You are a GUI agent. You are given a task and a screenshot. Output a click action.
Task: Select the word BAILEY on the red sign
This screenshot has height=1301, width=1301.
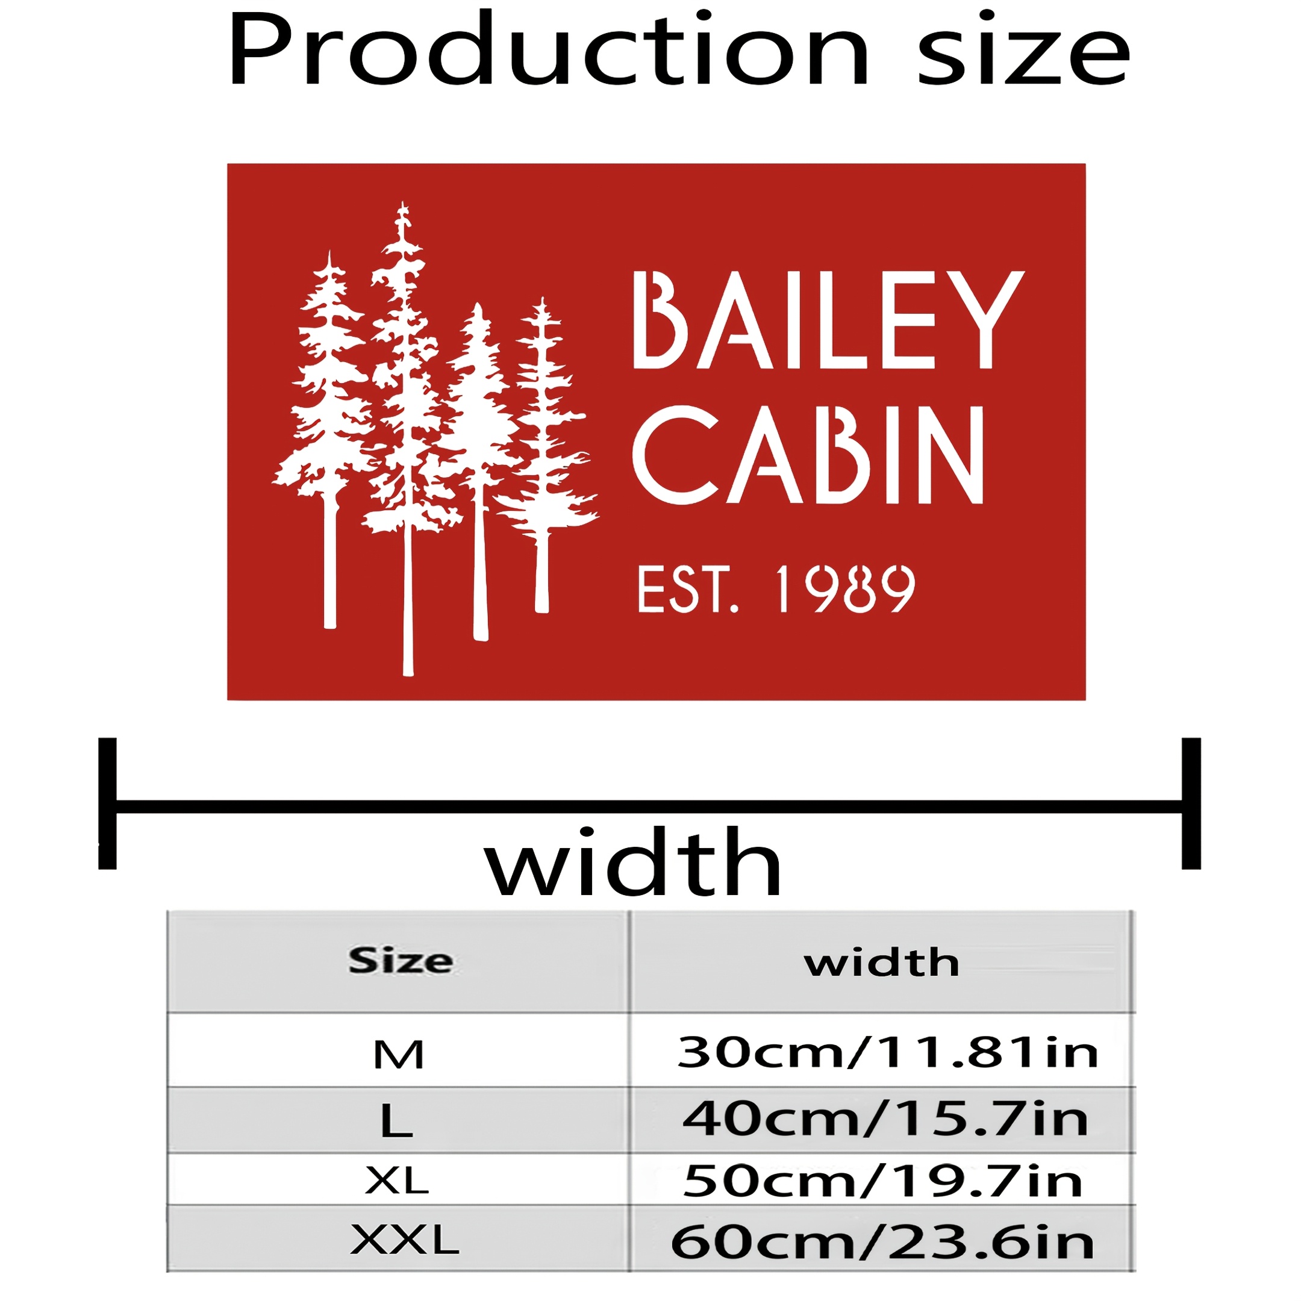tap(829, 320)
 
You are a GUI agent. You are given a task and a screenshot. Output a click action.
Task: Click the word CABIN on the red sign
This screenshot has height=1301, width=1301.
tap(808, 455)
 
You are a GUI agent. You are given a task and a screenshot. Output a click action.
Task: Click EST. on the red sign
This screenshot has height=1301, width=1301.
tap(688, 590)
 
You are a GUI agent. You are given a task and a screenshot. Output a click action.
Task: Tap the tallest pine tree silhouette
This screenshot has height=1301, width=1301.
tap(404, 438)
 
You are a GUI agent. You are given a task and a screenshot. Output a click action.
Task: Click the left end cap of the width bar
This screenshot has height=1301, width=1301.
tap(107, 803)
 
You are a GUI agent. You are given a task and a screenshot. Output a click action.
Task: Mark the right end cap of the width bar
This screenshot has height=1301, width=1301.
tap(1191, 803)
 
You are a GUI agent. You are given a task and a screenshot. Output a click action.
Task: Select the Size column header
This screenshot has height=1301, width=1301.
tap(401, 960)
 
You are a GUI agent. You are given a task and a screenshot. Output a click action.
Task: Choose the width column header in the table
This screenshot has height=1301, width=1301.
tap(881, 962)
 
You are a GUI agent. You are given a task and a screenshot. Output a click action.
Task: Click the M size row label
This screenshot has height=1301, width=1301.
tap(399, 1055)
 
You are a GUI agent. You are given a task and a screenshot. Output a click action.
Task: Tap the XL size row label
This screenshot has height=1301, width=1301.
tap(397, 1181)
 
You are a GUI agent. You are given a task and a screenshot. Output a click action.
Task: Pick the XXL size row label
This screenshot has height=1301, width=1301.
tap(405, 1240)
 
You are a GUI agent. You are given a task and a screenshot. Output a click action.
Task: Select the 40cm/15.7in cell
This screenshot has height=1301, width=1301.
tap(885, 1118)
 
